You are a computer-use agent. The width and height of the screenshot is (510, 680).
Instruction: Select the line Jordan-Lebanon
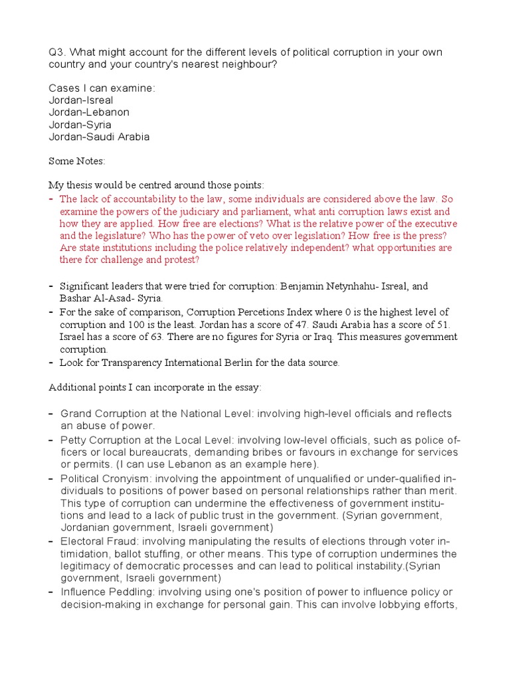click(x=89, y=112)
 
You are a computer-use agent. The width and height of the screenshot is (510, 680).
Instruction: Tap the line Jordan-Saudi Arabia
click(x=99, y=137)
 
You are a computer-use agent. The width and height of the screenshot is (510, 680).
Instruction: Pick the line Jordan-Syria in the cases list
click(x=80, y=125)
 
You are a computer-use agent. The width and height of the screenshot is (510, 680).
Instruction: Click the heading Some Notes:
click(x=77, y=161)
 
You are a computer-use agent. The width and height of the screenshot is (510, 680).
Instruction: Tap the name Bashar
click(x=76, y=298)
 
